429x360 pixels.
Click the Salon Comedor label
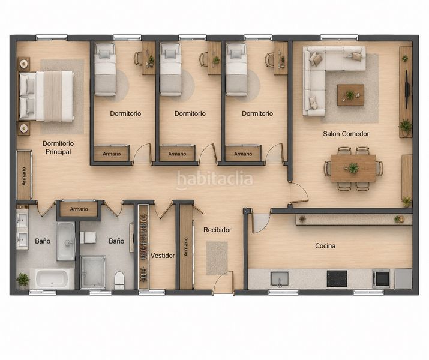coord(346,134)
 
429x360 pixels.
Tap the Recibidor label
coord(217,230)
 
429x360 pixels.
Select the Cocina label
coord(325,246)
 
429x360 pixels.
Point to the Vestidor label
coord(163,256)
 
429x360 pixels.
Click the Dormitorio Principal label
coord(58,148)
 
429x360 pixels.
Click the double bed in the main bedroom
coord(46,96)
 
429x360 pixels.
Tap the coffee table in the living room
coord(350,95)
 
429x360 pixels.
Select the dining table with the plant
coord(353,168)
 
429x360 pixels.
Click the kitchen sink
coord(280,279)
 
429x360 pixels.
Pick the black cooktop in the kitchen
coord(337,278)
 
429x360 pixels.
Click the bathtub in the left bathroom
coord(52,278)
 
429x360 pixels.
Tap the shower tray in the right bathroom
coord(93,272)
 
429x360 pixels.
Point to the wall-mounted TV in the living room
coord(407,89)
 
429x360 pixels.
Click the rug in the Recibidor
coord(217,258)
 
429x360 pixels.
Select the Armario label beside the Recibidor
coord(186,247)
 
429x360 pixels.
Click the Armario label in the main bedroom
coord(24,176)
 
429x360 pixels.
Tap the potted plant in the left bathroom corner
coord(23,280)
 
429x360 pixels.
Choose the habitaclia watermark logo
coord(215,180)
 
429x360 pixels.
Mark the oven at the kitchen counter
coord(381,278)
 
